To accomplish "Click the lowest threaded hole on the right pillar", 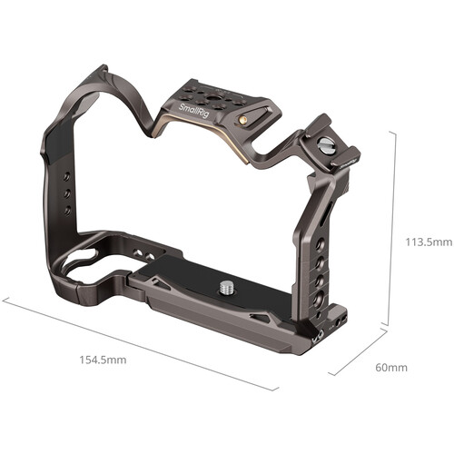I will [x=319, y=300].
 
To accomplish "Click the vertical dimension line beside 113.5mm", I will [x=392, y=227].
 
